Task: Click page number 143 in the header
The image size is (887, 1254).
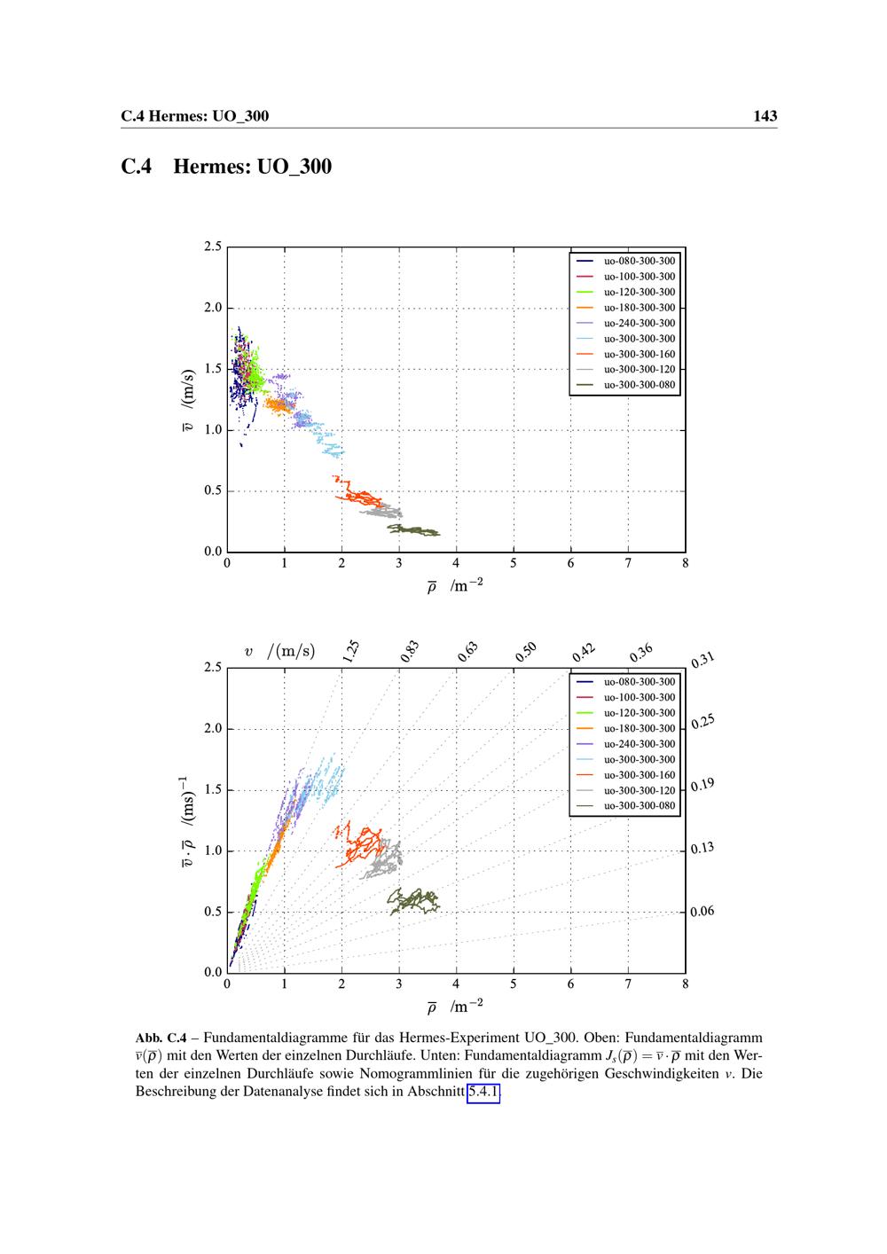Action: [x=765, y=116]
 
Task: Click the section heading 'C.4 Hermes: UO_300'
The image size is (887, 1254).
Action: [x=226, y=167]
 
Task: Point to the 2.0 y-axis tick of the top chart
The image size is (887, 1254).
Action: [x=213, y=308]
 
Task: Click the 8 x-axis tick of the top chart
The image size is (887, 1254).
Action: [x=685, y=562]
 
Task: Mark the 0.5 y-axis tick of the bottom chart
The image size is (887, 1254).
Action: [x=213, y=912]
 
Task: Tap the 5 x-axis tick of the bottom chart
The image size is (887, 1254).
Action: [x=514, y=984]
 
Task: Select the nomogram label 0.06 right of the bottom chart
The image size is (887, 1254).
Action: [x=703, y=912]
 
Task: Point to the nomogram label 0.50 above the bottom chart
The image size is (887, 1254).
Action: [x=526, y=653]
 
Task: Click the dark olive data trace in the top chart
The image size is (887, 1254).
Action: [x=413, y=530]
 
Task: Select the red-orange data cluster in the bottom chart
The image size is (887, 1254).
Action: [x=360, y=843]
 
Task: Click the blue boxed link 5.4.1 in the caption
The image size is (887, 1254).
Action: [x=483, y=1093]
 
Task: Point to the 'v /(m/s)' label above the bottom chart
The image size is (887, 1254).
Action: [x=279, y=652]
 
